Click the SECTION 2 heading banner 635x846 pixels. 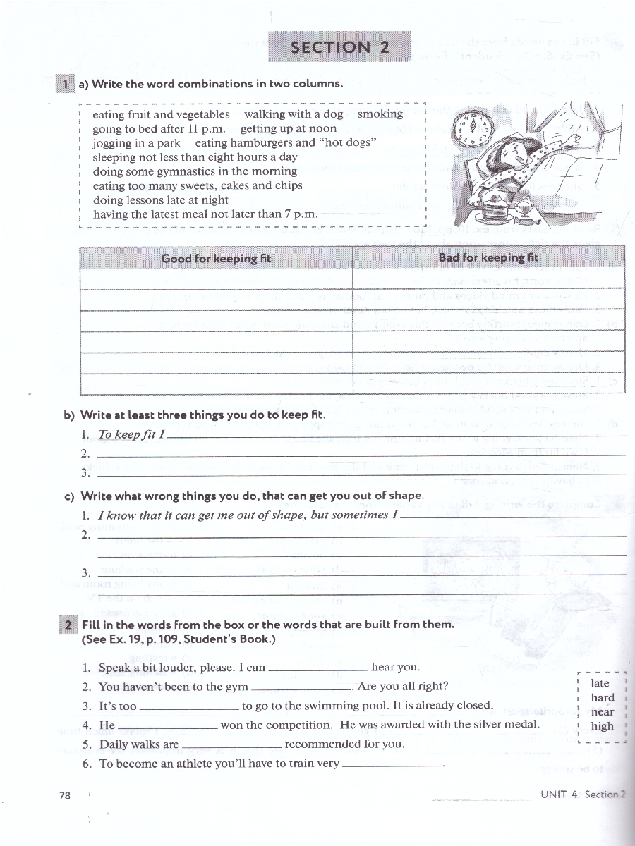[x=339, y=47]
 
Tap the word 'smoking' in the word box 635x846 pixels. [x=380, y=114]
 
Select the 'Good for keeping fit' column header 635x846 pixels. [x=216, y=258]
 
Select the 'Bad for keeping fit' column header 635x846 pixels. [x=488, y=257]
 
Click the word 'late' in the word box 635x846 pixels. [x=600, y=683]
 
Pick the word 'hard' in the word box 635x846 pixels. [x=603, y=697]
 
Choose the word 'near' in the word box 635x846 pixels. [x=603, y=712]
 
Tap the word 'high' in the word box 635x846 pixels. [x=603, y=726]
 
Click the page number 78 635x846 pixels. [x=66, y=795]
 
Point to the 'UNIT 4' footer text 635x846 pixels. [x=559, y=794]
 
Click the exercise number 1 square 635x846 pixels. [x=64, y=84]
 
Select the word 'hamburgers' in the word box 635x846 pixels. [x=258, y=142]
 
